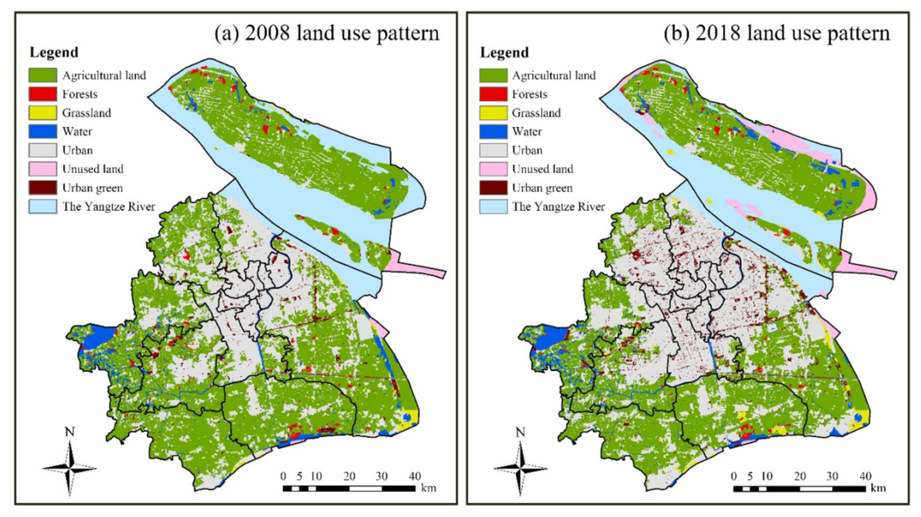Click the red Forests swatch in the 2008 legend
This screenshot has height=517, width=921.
coord(43,94)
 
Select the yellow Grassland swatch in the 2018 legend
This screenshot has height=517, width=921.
coord(493,113)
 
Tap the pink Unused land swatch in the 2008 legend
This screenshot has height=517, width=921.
coord(43,169)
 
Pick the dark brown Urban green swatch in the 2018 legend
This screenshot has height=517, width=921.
coord(493,188)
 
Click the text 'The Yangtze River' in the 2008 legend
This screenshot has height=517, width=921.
coord(109,206)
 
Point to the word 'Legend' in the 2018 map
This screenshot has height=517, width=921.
coord(504,53)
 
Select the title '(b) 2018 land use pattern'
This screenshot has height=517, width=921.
coord(777,33)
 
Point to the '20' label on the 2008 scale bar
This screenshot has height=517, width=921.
coord(349,476)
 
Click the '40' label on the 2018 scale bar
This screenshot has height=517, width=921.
coord(865,476)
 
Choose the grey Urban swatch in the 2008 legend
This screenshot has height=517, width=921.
coord(43,150)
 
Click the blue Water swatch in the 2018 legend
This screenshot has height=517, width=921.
coord(493,132)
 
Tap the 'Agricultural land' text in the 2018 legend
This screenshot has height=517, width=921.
coord(554,75)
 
